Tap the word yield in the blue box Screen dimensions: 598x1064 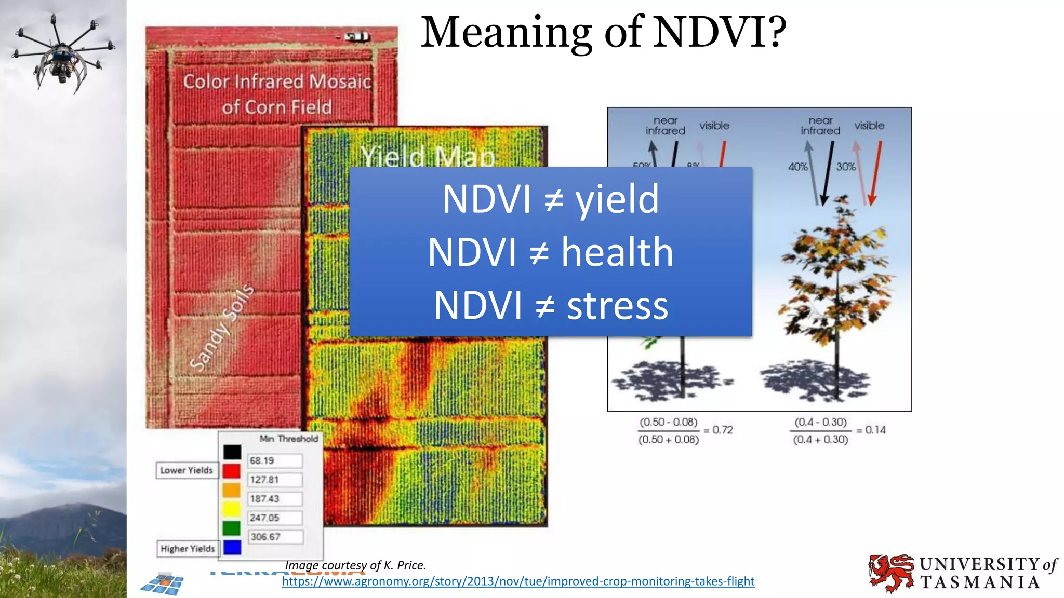click(x=617, y=199)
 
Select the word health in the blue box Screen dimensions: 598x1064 click(x=617, y=252)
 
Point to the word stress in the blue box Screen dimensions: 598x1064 click(x=617, y=306)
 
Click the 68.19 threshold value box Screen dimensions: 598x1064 click(x=274, y=461)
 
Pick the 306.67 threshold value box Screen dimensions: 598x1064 click(x=274, y=537)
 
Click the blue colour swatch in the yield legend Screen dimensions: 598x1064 click(x=232, y=547)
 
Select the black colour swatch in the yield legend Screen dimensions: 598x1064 click(x=232, y=452)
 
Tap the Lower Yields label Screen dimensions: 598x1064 click(x=187, y=470)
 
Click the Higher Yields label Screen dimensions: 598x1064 click(x=188, y=549)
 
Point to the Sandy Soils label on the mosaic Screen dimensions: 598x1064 click(x=222, y=328)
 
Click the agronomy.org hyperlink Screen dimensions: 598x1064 click(x=518, y=581)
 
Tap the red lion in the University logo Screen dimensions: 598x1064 click(x=890, y=573)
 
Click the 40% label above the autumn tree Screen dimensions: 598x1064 click(x=798, y=167)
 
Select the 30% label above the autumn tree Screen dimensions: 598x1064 click(x=846, y=167)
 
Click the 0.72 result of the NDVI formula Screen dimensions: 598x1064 click(x=723, y=430)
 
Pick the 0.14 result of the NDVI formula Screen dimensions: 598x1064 click(x=875, y=430)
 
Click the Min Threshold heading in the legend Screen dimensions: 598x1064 click(x=289, y=439)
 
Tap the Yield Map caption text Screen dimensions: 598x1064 click(x=427, y=156)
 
